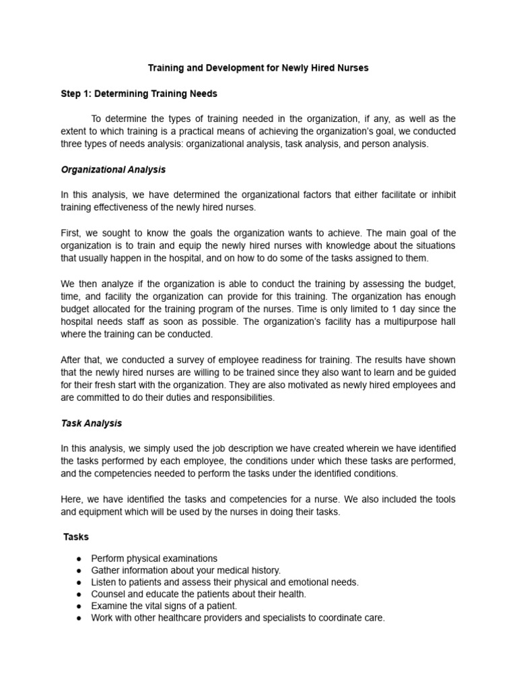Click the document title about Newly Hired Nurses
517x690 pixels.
pyautogui.click(x=258, y=69)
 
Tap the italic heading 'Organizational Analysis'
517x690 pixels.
pyautogui.click(x=113, y=170)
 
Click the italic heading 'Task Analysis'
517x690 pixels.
pyautogui.click(x=92, y=424)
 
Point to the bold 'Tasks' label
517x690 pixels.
pyautogui.click(x=76, y=537)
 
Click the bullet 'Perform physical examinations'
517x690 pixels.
pyautogui.click(x=154, y=559)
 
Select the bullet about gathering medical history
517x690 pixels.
pyautogui.click(x=186, y=570)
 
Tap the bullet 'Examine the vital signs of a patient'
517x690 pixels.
pyautogui.click(x=164, y=606)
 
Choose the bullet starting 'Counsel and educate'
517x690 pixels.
pyautogui.click(x=199, y=594)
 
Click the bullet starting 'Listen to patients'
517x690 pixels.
pyautogui.click(x=225, y=582)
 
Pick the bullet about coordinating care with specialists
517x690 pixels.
pyautogui.click(x=238, y=617)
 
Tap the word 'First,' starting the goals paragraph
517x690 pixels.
pyautogui.click(x=72, y=233)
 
